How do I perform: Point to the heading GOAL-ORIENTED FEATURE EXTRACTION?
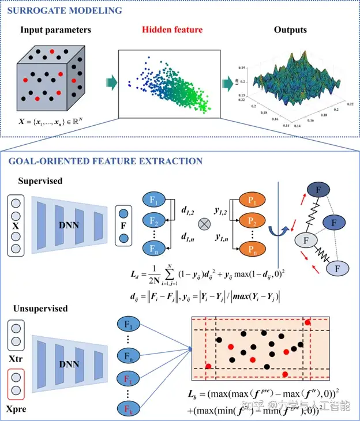pyautogui.click(x=105, y=161)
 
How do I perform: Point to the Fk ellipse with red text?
pyautogui.click(x=131, y=409)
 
